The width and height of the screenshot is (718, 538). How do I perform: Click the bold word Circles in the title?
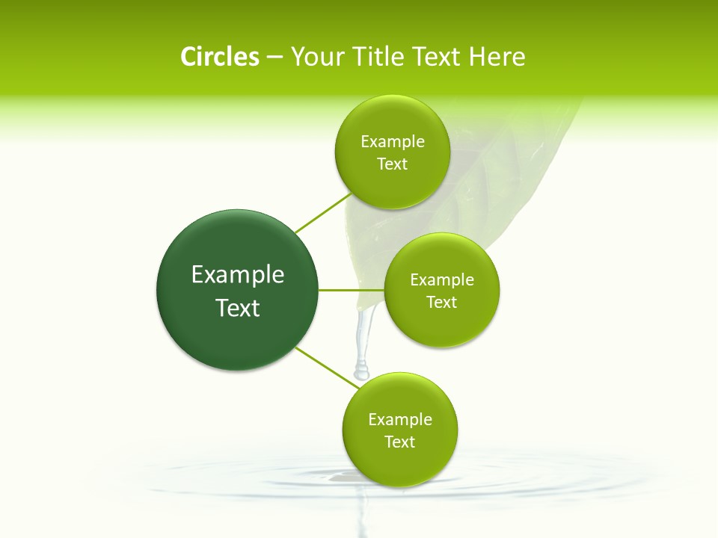(x=219, y=57)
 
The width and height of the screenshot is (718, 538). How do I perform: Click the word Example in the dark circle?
(x=238, y=275)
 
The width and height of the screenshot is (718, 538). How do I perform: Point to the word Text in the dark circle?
(x=238, y=308)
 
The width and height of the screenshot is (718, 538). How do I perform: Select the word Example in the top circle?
(x=393, y=142)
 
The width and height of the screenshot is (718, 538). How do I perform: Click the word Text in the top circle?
(x=393, y=164)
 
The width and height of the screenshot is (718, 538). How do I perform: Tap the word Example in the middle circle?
(x=442, y=280)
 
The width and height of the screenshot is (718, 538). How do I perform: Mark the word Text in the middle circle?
(x=442, y=303)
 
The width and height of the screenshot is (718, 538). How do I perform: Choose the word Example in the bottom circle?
(x=400, y=420)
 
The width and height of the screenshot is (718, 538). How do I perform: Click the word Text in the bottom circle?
(x=400, y=442)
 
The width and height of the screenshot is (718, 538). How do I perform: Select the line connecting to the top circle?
(x=323, y=213)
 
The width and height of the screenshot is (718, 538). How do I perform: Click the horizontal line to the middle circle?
(x=351, y=290)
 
